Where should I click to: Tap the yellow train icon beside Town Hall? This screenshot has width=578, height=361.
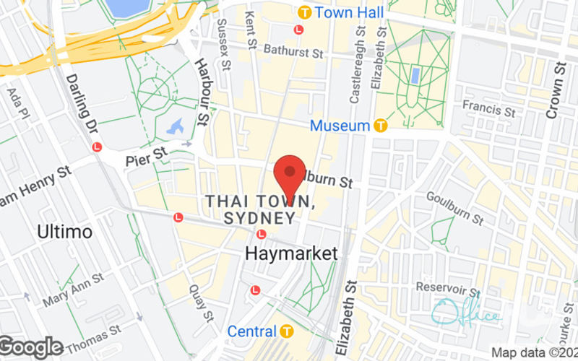click(x=305, y=12)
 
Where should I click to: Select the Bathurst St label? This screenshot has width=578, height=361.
click(x=293, y=52)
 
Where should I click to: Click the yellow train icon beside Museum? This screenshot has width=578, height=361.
click(x=381, y=126)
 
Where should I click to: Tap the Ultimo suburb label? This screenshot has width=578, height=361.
click(x=64, y=232)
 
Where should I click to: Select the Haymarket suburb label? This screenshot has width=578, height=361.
click(x=291, y=253)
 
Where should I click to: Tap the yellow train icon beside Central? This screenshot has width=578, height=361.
click(x=288, y=331)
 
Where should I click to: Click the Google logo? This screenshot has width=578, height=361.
click(x=32, y=348)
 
